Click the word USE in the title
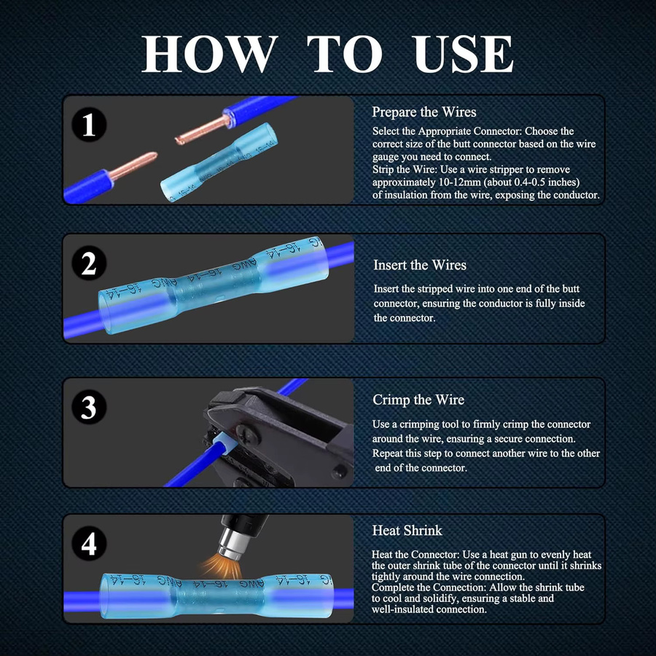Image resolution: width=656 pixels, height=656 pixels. click(x=463, y=54)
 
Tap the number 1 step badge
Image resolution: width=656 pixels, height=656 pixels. click(x=89, y=125)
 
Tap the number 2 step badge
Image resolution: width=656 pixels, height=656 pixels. click(x=89, y=263)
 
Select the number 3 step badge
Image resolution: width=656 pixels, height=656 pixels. click(x=89, y=407)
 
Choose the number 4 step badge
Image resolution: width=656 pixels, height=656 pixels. click(x=89, y=544)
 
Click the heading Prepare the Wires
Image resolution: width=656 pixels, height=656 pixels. click(x=423, y=112)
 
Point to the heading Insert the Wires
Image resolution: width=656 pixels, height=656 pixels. click(x=420, y=265)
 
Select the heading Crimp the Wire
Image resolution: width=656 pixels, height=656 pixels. click(x=418, y=400)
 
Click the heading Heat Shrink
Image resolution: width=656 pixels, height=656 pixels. click(x=407, y=531)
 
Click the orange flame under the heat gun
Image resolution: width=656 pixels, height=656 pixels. click(x=219, y=566)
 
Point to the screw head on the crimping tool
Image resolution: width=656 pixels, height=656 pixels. click(x=244, y=434)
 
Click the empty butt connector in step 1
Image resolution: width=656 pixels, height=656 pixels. click(x=219, y=162)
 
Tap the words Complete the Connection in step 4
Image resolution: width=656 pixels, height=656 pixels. click(x=429, y=587)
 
